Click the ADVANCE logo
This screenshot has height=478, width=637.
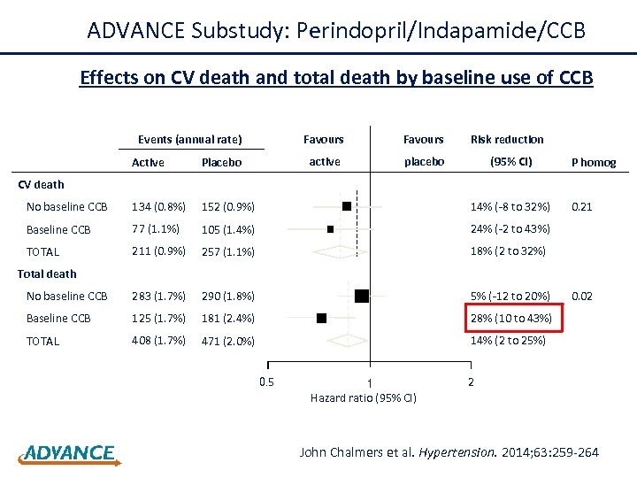click(x=67, y=453)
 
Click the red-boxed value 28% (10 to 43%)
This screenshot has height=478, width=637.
click(x=510, y=318)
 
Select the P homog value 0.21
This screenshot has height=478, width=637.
click(x=582, y=206)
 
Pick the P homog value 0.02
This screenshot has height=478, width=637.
click(x=582, y=296)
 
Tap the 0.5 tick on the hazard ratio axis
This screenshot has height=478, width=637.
click(x=266, y=382)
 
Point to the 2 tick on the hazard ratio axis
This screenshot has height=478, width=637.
click(x=470, y=382)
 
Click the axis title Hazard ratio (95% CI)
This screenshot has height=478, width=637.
click(x=363, y=397)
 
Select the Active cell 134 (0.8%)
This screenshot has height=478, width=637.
click(x=158, y=206)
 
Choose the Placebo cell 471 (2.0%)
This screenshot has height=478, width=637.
click(x=227, y=341)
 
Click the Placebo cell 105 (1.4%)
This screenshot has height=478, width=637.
click(x=227, y=229)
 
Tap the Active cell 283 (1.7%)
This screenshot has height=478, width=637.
click(x=158, y=296)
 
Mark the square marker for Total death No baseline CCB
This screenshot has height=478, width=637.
click(x=361, y=296)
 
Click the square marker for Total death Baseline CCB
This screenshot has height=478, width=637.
click(x=321, y=317)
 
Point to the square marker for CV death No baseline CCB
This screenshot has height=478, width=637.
click(x=347, y=205)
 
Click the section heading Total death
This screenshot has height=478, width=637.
click(x=47, y=274)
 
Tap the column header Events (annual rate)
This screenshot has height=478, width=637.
click(x=189, y=139)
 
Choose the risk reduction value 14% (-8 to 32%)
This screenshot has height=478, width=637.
click(x=510, y=206)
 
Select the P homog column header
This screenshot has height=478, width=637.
click(x=593, y=162)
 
